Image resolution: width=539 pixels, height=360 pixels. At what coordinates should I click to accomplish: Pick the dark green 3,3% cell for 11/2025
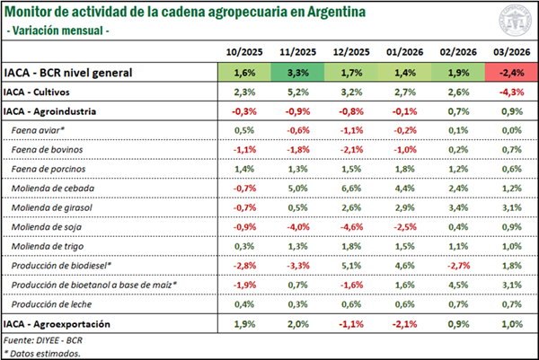tap(297, 72)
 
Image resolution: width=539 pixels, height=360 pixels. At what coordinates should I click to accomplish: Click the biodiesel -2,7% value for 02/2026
tap(453, 266)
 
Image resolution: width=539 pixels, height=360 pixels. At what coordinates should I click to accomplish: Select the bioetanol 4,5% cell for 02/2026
tap(453, 285)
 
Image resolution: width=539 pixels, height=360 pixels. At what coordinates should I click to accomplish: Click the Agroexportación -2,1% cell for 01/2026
tap(401, 323)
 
